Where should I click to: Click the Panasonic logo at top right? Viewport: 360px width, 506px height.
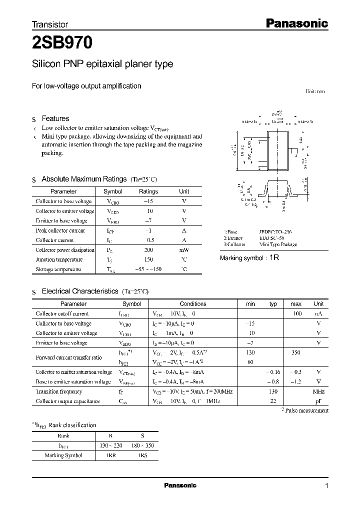tap(295, 23)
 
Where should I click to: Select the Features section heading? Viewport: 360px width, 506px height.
tap(55, 118)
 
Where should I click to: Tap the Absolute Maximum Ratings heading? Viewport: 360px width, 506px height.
tap(84, 179)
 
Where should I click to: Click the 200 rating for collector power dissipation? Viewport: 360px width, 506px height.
tap(148, 250)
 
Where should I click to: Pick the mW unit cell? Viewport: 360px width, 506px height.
tap(184, 250)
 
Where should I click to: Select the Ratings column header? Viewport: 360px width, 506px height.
tap(148, 191)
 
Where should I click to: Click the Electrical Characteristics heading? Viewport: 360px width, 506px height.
tap(79, 291)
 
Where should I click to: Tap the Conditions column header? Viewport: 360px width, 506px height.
tap(192, 303)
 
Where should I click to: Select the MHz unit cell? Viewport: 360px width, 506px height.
tap(318, 391)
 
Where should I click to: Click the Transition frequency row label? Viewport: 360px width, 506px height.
tap(58, 391)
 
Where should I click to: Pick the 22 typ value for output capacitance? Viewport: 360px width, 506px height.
tap(273, 401)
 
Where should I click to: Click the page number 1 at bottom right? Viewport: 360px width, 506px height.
tap(326, 486)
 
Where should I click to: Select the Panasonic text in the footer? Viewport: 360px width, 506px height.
tap(180, 485)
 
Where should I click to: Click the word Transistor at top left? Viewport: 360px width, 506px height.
tap(49, 24)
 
